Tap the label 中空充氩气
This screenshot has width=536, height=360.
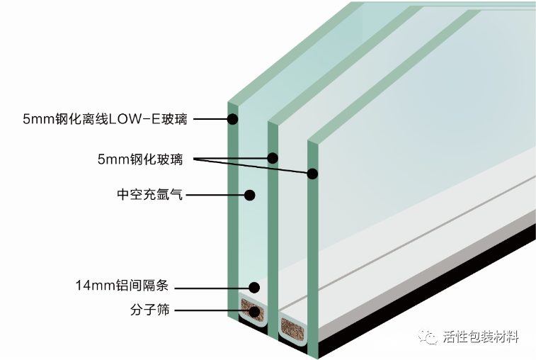click(x=150, y=193)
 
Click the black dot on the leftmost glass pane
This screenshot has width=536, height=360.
click(x=232, y=118)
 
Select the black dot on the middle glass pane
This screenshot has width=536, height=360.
click(x=273, y=158)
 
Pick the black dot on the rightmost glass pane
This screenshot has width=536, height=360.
click(x=312, y=172)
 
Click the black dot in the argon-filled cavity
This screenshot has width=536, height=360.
click(x=249, y=193)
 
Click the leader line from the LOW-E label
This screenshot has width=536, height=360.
click(x=210, y=119)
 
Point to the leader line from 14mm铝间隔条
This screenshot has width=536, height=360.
click(x=212, y=287)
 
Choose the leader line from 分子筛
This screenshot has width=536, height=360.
click(x=212, y=310)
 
